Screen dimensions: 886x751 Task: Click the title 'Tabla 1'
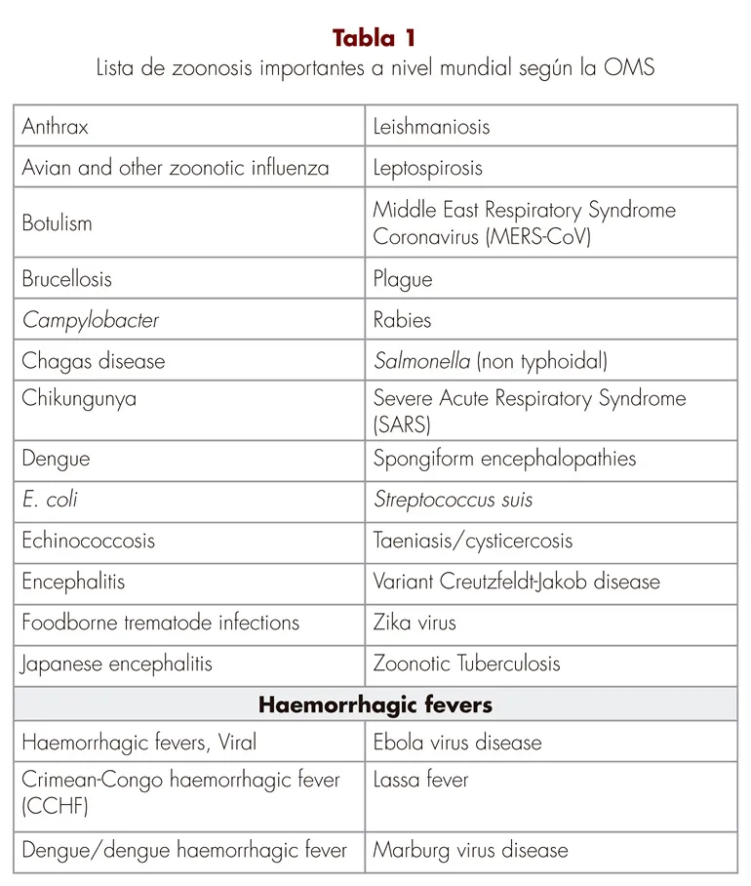(x=375, y=38)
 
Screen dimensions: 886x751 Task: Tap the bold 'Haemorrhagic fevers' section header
(x=375, y=705)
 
